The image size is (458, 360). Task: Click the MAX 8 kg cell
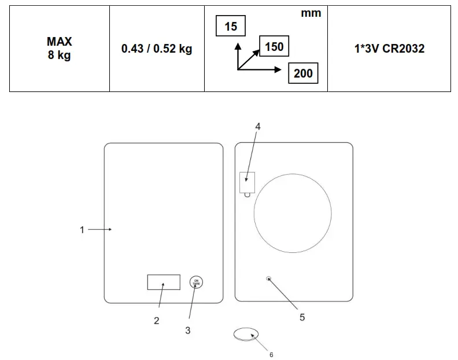tap(60, 48)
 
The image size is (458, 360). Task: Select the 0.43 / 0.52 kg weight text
tap(157, 49)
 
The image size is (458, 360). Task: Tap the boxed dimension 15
tap(231, 26)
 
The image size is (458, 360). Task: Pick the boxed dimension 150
tap(274, 46)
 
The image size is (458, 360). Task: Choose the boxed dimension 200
tap(303, 73)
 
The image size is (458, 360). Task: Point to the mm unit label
tap(311, 13)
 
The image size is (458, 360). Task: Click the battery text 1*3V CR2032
tap(389, 49)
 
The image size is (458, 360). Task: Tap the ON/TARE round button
tap(196, 282)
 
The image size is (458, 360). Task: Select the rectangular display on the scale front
tap(164, 282)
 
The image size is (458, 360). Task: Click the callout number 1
tap(82, 230)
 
